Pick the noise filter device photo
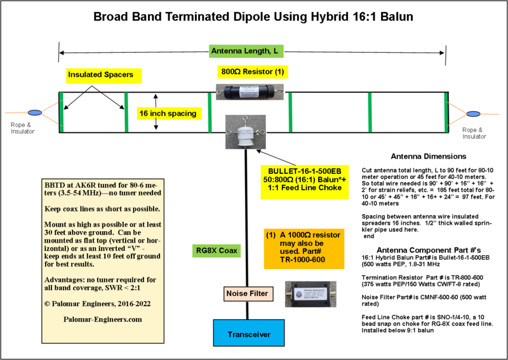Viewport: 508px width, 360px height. (x=311, y=295)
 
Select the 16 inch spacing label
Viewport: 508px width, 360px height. (x=168, y=114)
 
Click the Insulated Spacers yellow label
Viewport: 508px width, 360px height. (x=104, y=76)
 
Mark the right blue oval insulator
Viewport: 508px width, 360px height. (x=473, y=114)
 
